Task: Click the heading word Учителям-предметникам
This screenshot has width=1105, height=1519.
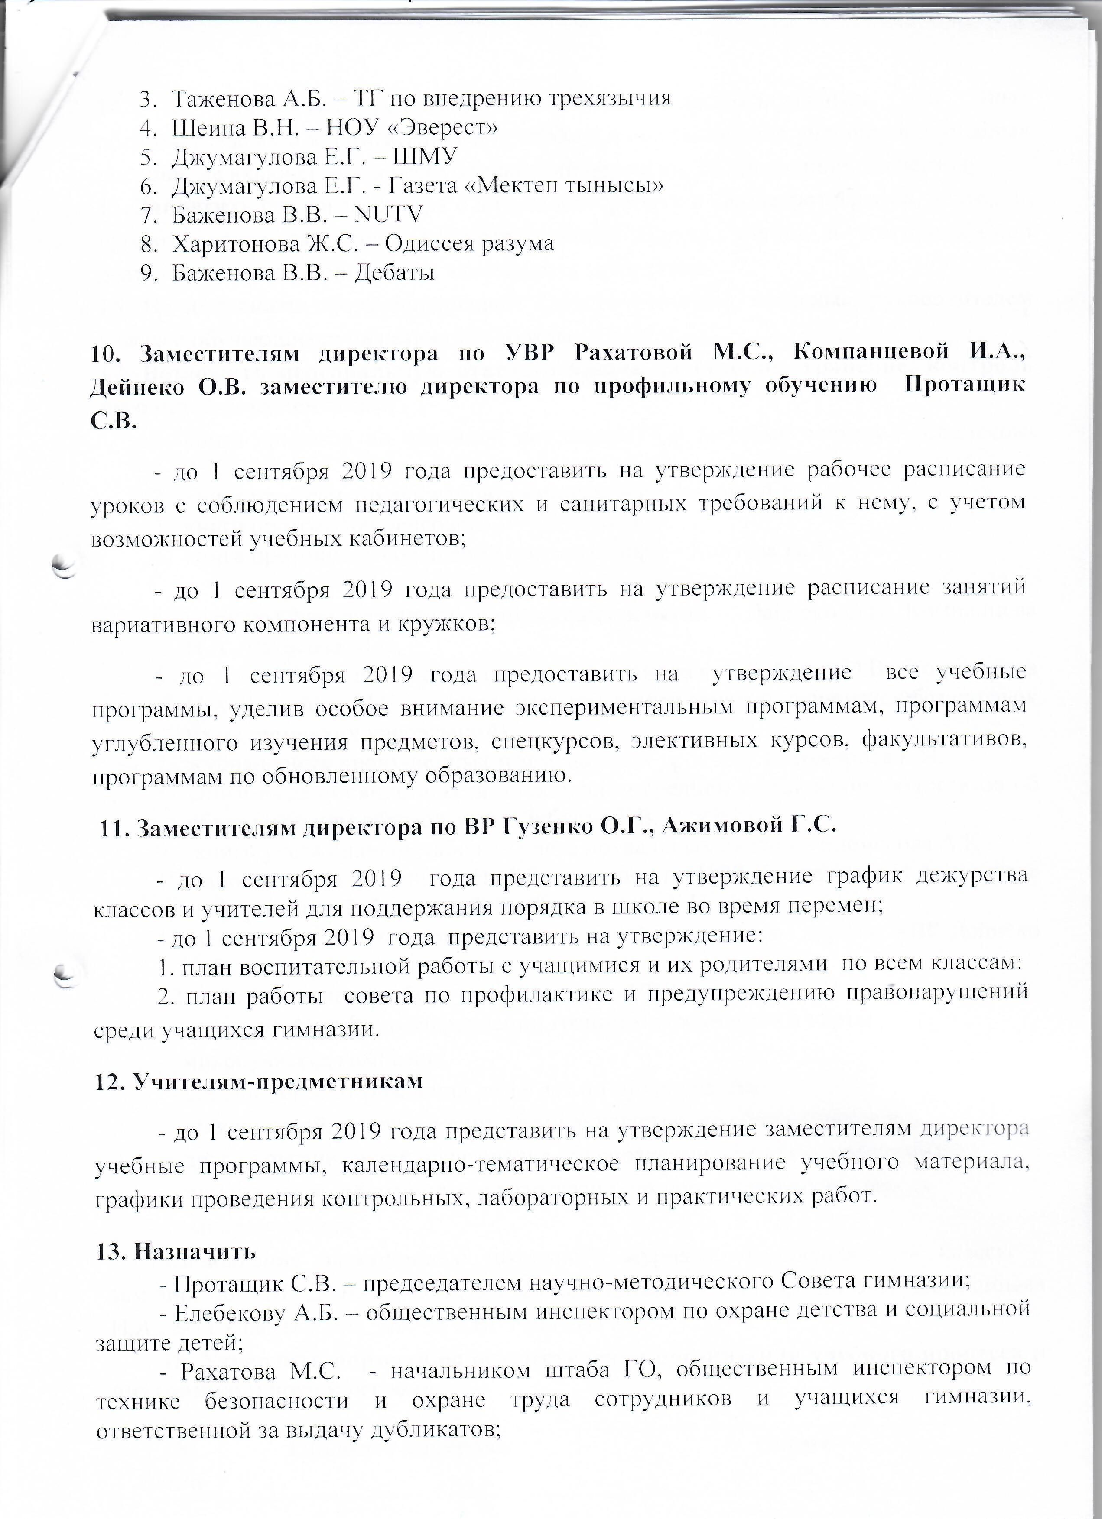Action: pyautogui.click(x=278, y=1082)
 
